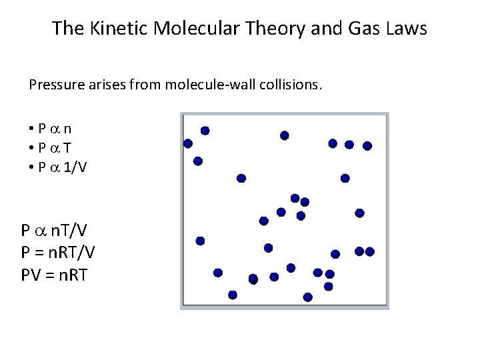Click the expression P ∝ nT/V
click(x=57, y=231)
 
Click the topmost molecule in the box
click(x=205, y=131)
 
